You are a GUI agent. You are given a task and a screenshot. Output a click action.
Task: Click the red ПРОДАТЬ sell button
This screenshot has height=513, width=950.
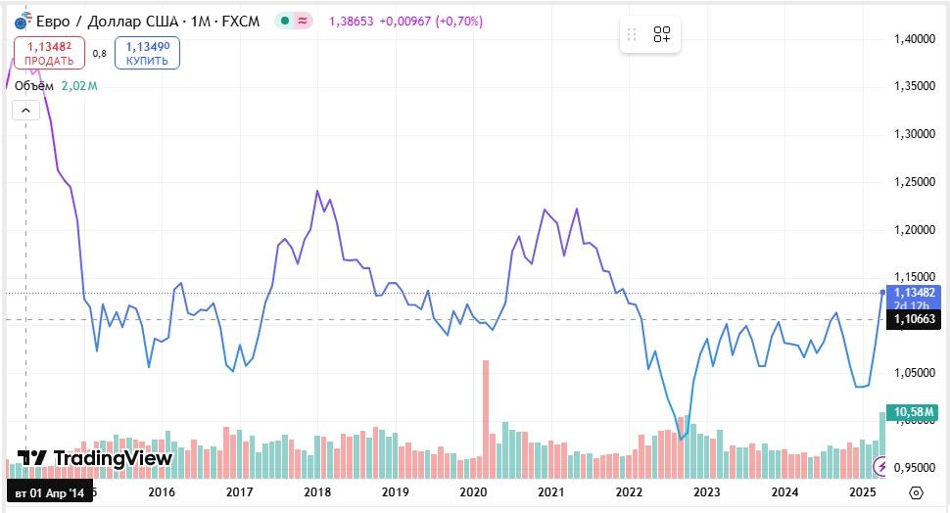49,53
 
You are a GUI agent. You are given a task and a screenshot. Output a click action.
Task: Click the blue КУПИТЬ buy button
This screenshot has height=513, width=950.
147,53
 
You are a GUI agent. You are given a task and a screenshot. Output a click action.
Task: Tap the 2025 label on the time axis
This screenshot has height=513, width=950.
862,491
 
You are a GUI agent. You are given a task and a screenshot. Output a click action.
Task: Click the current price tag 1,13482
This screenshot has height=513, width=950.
914,292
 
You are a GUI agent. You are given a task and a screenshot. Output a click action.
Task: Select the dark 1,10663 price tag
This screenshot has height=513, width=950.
914,318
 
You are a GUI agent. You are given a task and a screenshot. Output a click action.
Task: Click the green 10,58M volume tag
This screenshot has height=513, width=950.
914,410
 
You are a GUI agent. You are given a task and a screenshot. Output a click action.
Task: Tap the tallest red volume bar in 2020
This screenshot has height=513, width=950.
485,411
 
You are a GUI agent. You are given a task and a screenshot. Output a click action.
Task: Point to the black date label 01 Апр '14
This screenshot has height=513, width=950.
49,491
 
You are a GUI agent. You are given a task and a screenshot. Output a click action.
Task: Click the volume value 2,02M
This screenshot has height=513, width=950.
79,86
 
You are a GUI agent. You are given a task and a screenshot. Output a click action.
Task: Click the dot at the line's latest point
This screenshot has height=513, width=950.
883,292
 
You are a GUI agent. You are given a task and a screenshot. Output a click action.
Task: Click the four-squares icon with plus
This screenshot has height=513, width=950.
662,35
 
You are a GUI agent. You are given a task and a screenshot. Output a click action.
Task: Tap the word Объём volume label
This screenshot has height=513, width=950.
34,86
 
